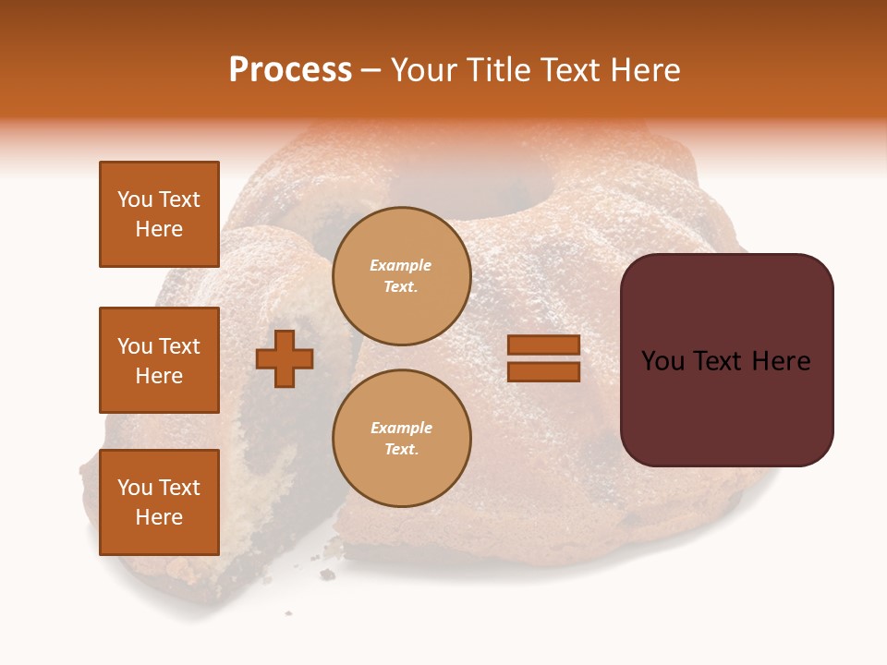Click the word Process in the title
(290, 70)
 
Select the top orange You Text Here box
(159, 214)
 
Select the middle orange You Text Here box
(159, 360)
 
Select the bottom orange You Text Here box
(159, 502)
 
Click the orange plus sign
(285, 358)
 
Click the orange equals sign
(543, 358)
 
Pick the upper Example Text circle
(401, 276)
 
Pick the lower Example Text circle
(401, 439)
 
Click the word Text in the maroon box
(726, 361)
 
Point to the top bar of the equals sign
(543, 345)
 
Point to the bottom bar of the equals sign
(543, 371)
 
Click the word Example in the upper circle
(401, 266)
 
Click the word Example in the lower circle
(401, 429)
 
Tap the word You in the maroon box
(663, 361)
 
